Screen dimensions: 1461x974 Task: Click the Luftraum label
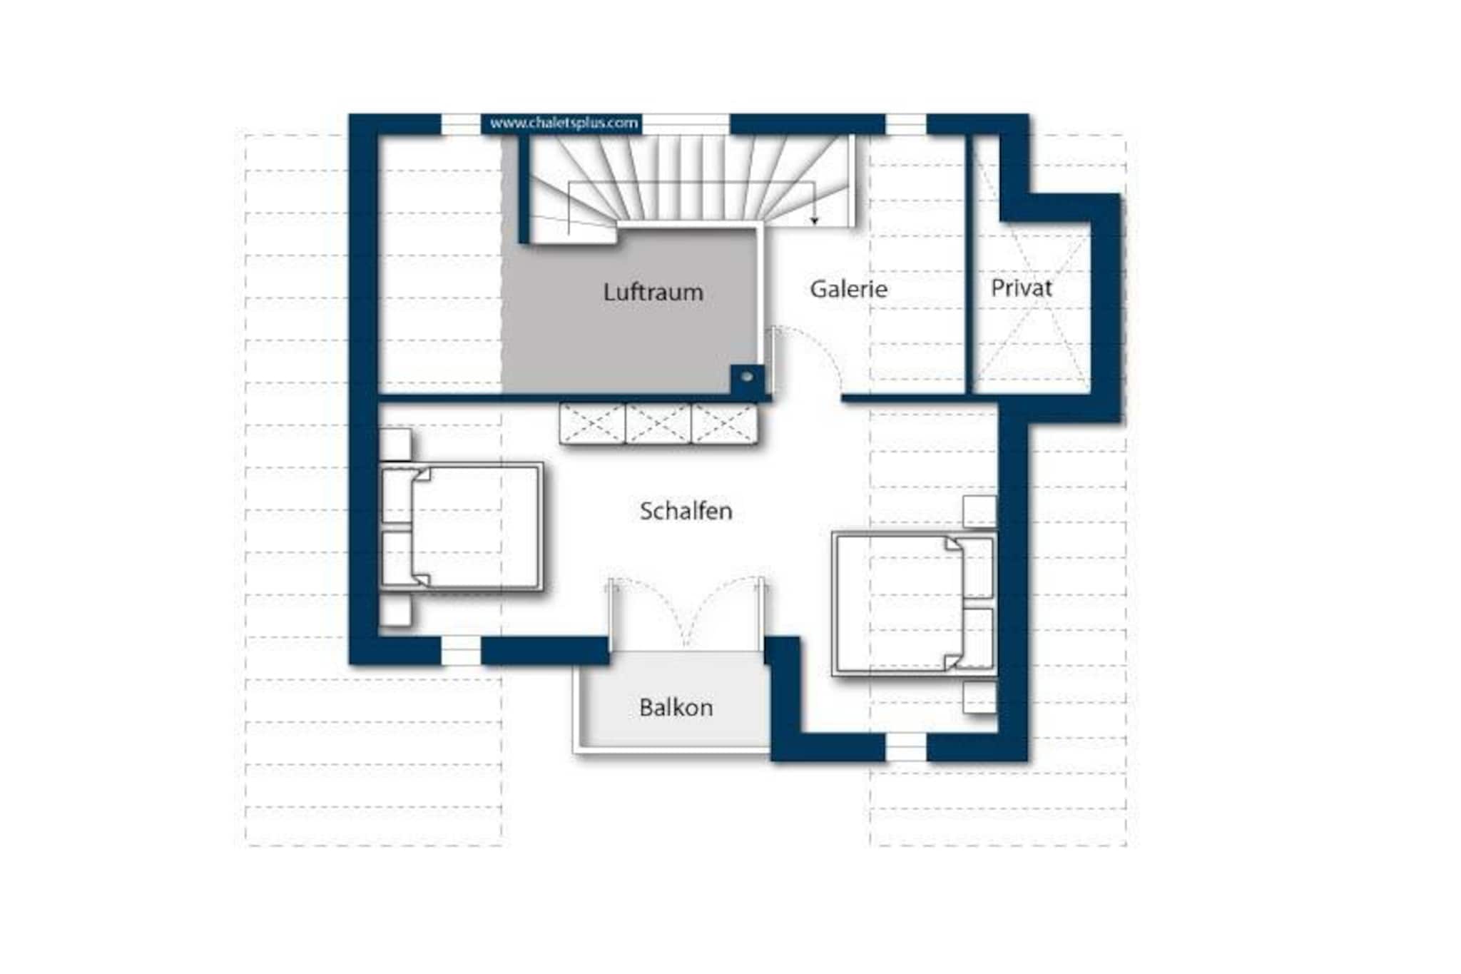(x=653, y=292)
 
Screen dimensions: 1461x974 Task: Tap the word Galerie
(x=848, y=289)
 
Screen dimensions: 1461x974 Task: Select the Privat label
(x=1021, y=288)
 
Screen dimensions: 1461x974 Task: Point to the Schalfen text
(x=686, y=511)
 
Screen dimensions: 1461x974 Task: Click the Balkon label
(x=676, y=707)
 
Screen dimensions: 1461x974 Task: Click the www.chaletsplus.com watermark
(x=564, y=123)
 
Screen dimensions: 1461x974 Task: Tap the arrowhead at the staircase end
(x=814, y=220)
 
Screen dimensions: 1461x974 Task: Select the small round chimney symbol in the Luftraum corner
(x=747, y=376)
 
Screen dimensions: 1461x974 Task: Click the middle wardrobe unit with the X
(x=658, y=424)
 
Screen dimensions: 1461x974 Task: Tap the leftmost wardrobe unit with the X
(x=592, y=424)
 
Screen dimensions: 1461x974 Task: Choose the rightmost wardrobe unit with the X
(x=723, y=424)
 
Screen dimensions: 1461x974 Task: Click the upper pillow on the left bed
(x=397, y=497)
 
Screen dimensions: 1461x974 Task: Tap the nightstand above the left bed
(x=394, y=445)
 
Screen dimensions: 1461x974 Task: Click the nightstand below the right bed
(x=979, y=697)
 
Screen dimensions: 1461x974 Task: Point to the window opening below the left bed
(x=461, y=651)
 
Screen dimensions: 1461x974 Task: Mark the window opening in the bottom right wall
(x=906, y=747)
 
